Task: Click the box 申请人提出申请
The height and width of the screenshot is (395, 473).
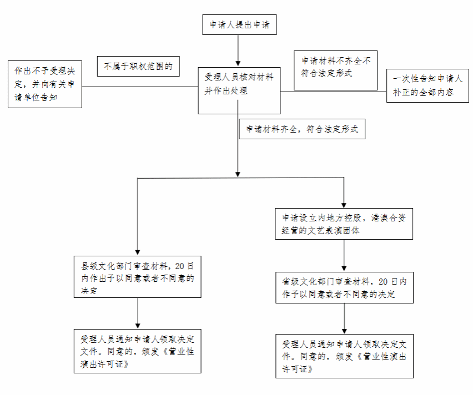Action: (239, 24)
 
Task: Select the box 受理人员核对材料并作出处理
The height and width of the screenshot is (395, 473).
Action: (239, 90)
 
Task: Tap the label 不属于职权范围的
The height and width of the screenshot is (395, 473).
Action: (138, 66)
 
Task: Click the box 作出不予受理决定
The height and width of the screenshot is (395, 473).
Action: (45, 84)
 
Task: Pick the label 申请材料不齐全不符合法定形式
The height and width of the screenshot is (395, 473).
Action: (335, 70)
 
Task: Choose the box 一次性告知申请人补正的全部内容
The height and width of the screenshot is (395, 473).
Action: (427, 85)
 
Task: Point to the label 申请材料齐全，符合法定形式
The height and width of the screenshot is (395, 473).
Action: (302, 129)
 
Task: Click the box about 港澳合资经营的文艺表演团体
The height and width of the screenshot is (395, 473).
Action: (344, 224)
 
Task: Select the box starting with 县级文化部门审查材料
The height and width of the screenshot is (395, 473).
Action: (138, 277)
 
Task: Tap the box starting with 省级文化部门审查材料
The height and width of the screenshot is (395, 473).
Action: (345, 288)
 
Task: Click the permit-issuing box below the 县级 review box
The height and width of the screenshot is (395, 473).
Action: (138, 351)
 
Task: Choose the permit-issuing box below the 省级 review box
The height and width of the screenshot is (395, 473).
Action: (345, 356)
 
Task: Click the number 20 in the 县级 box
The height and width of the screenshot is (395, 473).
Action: (179, 266)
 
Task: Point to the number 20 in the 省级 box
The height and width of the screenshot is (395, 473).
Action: (383, 282)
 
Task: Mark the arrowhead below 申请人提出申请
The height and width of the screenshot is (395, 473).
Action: (238, 63)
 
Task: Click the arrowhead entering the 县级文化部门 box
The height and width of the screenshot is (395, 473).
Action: (138, 252)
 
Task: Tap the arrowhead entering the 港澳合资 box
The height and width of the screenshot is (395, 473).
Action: (344, 205)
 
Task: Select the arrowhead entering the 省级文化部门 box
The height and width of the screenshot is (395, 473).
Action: (344, 269)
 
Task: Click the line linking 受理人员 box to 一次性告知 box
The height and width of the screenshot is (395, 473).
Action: (333, 92)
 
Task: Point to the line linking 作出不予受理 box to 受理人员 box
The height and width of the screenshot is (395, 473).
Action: (140, 87)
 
